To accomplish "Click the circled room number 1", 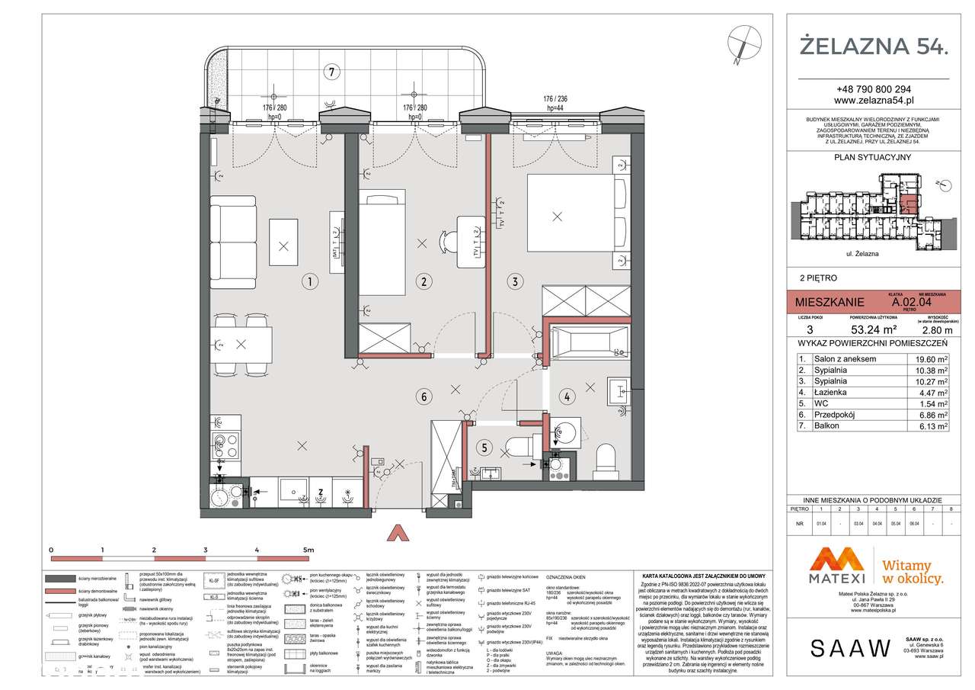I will coord(308,281).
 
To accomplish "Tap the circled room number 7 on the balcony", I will coord(330,72).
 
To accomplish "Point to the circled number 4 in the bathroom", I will coord(567,396).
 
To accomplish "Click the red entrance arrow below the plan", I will coord(396,532).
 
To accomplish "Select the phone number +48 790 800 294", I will coord(873,88).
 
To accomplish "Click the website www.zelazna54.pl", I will coord(873,100).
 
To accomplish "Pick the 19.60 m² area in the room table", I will coord(932,359).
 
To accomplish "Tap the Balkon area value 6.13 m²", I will coord(932,426).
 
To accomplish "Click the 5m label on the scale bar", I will coord(308,549).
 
